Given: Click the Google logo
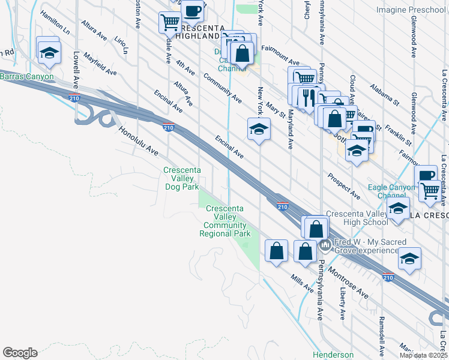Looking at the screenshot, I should [x=20, y=353].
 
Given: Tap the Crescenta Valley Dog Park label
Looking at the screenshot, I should [x=181, y=179].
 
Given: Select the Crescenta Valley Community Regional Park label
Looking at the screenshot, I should [x=225, y=221].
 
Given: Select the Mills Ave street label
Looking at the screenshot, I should [x=302, y=283].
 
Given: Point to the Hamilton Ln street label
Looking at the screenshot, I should [x=55, y=22].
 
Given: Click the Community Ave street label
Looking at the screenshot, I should [x=222, y=88].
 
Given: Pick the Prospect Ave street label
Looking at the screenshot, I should [x=344, y=186].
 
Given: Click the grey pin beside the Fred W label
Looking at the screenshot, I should [x=325, y=245].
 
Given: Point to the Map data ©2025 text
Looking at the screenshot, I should [x=423, y=355].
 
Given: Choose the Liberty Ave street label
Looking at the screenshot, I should [x=343, y=303].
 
